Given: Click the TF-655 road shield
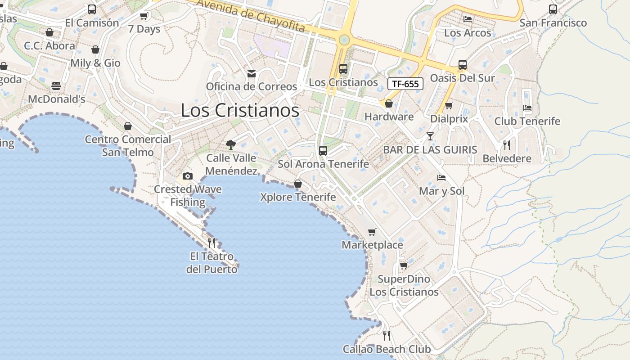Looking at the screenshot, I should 405,84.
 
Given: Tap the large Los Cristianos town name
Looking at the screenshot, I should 240,110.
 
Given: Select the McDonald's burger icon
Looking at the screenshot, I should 56,86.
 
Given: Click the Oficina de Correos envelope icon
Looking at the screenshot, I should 252,73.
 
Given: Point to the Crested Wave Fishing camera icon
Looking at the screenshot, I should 188,176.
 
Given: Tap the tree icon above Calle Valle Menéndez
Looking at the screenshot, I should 231,144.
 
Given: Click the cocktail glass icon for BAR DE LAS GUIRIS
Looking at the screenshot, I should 430,136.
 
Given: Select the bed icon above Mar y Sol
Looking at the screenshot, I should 441,178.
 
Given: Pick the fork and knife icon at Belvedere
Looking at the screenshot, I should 507,145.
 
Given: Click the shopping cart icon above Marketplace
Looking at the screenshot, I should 372,232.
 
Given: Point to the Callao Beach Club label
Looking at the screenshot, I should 387,349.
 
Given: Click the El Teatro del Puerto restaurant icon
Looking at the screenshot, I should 211,243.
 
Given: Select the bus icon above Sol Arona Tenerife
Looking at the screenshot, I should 323,151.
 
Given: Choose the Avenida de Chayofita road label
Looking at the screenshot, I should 251,16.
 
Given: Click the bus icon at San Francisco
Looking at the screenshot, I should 553,9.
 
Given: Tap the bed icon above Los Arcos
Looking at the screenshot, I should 468,19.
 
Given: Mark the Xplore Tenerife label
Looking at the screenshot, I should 298,197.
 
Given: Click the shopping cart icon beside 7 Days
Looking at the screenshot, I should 144,16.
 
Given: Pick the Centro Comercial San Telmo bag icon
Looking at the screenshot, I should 128,126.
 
